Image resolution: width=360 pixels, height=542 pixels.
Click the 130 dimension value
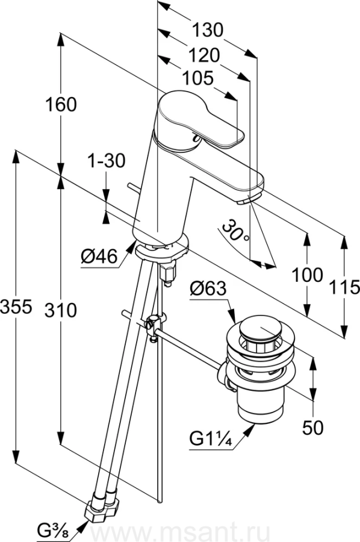pyautogui.click(x=208, y=30)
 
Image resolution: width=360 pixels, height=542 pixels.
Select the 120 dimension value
pyautogui.click(x=204, y=55)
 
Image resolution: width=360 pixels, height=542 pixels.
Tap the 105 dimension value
pyautogui.click(x=197, y=78)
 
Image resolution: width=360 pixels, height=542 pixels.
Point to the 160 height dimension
pyautogui.click(x=61, y=104)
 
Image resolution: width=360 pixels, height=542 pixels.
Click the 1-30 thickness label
pyautogui.click(x=106, y=161)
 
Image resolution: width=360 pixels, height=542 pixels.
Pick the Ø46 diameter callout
pyautogui.click(x=99, y=257)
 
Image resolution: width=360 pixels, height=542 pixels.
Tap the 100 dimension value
pyautogui.click(x=308, y=275)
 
